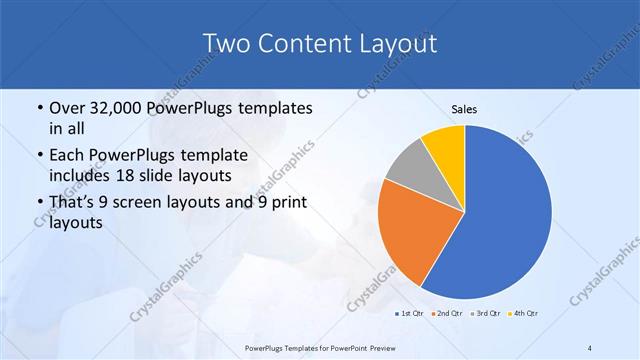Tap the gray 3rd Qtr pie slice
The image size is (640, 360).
coord(409,168)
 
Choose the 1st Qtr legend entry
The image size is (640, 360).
coord(409,314)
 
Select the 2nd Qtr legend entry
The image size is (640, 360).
coord(446,314)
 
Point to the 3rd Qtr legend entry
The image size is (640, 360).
coord(485,314)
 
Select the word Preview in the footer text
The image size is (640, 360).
coord(376,347)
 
